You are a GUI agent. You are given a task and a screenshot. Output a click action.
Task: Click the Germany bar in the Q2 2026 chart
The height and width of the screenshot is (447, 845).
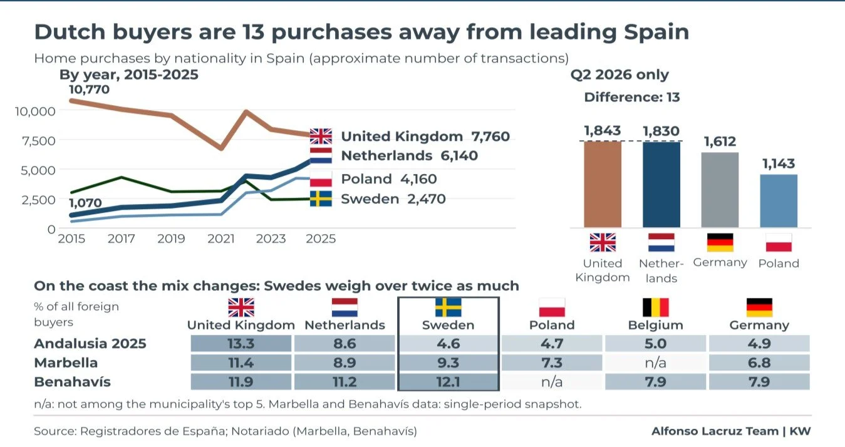point(720,190)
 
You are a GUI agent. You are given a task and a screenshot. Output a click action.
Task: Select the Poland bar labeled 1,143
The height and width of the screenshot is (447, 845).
point(779,201)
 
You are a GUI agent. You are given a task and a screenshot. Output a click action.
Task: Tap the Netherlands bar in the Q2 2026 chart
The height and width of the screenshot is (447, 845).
point(661,185)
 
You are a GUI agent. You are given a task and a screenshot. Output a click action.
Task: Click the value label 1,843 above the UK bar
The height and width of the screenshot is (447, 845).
point(603,130)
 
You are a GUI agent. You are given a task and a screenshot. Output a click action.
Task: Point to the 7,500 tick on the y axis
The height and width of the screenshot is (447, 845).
point(39,141)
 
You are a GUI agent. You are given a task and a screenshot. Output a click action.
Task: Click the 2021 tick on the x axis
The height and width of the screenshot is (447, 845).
point(221,239)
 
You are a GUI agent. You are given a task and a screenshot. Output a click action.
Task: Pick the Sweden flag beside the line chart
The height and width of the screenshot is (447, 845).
point(321,198)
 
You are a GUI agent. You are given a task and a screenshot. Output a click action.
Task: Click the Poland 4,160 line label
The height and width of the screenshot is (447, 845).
point(389,178)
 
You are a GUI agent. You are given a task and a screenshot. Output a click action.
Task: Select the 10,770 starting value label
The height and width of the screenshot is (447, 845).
point(89,90)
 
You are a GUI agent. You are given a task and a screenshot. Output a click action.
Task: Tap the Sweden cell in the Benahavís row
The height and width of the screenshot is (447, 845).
point(448,382)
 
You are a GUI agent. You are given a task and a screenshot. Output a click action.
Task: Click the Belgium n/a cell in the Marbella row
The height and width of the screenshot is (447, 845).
point(656,362)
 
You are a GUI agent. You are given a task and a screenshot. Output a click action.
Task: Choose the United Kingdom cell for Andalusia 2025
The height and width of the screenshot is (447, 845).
point(241,343)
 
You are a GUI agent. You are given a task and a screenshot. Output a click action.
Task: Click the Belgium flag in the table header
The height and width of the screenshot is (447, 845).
point(656,307)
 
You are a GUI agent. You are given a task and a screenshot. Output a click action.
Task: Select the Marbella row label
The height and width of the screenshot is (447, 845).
point(66,362)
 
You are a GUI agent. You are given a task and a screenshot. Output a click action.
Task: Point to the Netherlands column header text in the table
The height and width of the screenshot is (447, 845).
point(345,325)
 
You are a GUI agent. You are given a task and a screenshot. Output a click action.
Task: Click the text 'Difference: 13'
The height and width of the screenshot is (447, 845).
point(632,97)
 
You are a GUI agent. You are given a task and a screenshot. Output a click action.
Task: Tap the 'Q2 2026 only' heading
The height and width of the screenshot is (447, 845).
point(619,74)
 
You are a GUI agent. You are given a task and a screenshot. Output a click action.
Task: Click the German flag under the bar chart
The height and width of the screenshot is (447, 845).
point(720,242)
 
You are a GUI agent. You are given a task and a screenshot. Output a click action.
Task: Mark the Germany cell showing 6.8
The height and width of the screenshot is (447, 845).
point(759,362)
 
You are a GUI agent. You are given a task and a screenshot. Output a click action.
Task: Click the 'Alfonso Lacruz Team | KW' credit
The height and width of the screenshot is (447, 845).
point(731,431)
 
